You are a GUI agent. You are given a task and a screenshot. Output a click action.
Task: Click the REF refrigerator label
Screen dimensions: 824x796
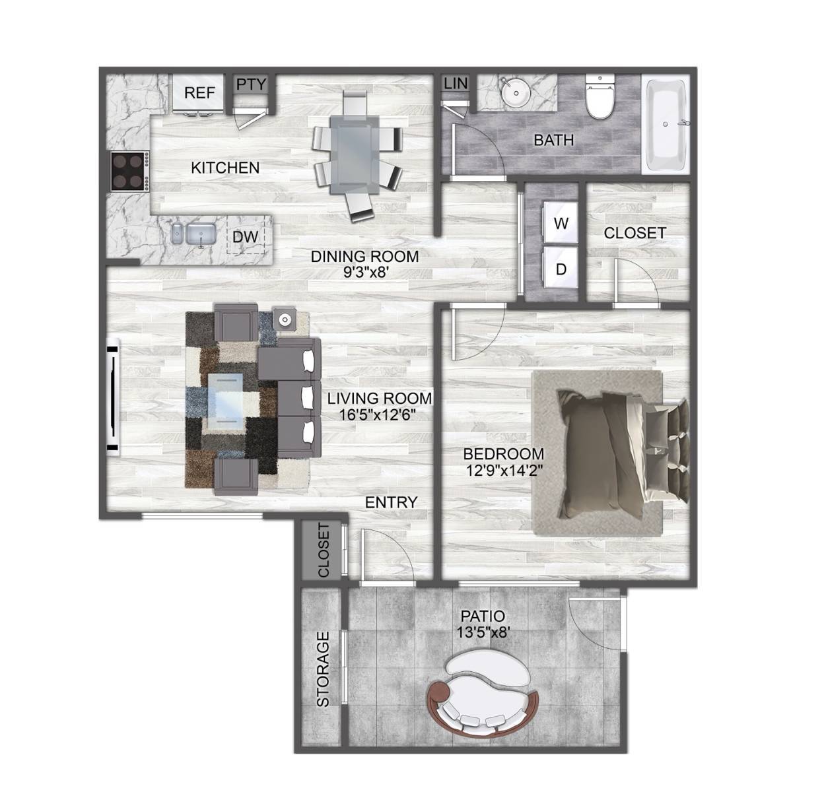click(199, 92)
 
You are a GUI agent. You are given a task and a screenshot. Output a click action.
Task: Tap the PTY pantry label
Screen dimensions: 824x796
click(251, 84)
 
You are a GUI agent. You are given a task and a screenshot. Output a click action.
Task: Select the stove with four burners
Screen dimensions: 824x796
click(130, 171)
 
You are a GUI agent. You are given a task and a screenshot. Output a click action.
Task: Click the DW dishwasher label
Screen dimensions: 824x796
click(245, 236)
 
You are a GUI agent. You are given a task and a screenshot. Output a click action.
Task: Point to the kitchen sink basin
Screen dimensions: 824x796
click(201, 234)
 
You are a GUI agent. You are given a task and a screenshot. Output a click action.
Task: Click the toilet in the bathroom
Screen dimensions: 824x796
click(600, 96)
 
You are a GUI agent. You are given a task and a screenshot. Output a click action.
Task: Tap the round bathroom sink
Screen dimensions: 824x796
click(516, 92)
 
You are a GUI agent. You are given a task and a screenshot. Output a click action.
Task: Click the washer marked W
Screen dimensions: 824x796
click(561, 223)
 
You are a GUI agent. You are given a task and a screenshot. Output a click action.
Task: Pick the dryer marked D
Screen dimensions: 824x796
click(561, 268)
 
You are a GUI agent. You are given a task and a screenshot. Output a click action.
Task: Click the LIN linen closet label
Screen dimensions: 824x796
click(456, 83)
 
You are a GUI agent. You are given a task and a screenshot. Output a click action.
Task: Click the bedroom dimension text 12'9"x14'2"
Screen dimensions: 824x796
click(504, 470)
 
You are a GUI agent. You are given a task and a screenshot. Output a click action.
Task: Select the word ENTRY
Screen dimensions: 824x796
click(392, 502)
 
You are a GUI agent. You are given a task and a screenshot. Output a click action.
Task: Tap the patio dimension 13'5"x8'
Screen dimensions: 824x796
click(483, 632)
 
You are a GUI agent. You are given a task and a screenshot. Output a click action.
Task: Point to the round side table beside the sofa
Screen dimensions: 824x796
click(285, 319)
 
